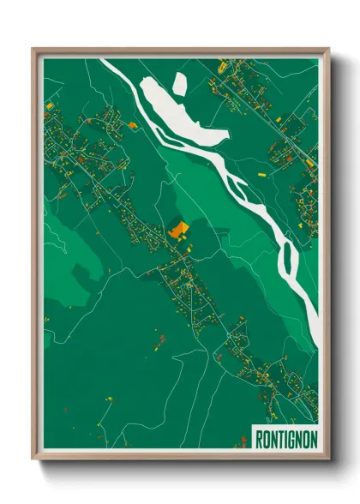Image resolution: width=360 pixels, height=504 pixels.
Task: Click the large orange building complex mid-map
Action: pyautogui.click(x=179, y=229)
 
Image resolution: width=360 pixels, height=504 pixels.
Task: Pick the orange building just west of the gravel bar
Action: pyautogui.click(x=133, y=124)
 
